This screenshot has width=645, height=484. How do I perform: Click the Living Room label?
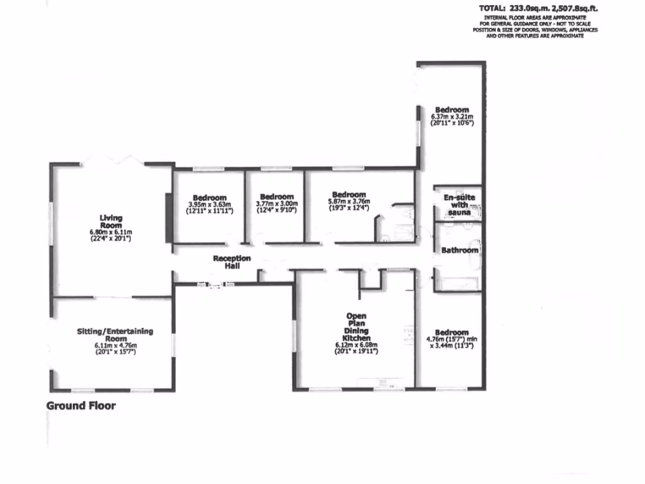click(111, 221)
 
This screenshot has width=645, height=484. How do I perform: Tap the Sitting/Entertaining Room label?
click(115, 335)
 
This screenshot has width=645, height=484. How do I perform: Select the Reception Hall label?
click(232, 262)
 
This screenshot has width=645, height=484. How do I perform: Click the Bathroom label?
click(459, 250)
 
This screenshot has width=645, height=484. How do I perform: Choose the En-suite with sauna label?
click(459, 205)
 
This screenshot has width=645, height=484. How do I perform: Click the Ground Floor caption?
click(81, 406)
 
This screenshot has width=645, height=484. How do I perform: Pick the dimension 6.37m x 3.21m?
click(452, 117)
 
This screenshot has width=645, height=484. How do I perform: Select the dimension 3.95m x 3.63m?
click(210, 204)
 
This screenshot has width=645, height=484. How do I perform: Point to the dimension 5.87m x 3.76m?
click(348, 201)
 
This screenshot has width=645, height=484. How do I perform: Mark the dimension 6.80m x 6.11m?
click(111, 232)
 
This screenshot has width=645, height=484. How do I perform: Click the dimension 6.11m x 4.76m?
click(115, 345)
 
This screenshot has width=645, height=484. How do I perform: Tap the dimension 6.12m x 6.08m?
click(356, 345)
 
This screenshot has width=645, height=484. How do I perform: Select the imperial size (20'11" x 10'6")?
click(452, 123)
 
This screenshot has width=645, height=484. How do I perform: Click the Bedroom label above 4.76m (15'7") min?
click(452, 333)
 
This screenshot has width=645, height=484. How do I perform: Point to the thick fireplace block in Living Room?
click(168, 218)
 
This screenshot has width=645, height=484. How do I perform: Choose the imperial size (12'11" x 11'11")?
click(210, 210)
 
